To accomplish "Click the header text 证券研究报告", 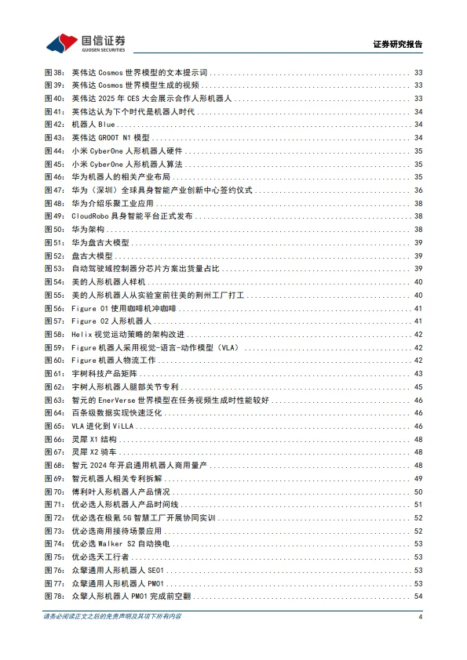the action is [397, 45].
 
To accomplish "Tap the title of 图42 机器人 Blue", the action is [93, 125].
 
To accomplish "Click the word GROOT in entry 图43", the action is [111, 138].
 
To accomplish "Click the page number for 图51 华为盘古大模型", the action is [418, 243].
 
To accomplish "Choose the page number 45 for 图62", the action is [418, 387].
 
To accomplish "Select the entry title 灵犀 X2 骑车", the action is [93, 453].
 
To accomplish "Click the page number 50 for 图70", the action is [418, 492].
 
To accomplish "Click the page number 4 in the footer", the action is [421, 618].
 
